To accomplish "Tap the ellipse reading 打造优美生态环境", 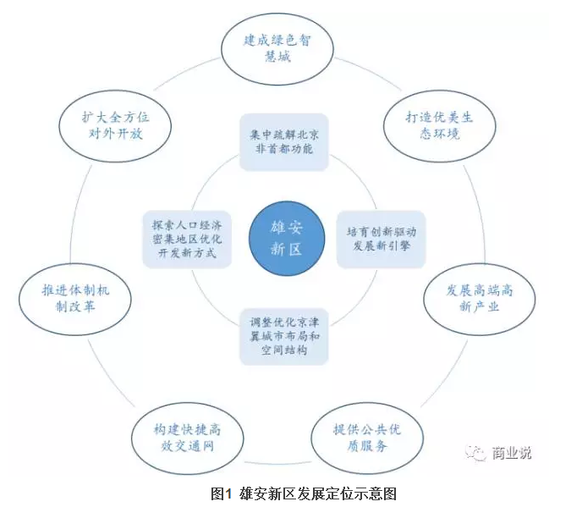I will (x=438, y=125).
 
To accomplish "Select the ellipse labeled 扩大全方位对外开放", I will (x=114, y=124).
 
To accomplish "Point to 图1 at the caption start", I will (x=221, y=493).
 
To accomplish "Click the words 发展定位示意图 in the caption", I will (x=354, y=493).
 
